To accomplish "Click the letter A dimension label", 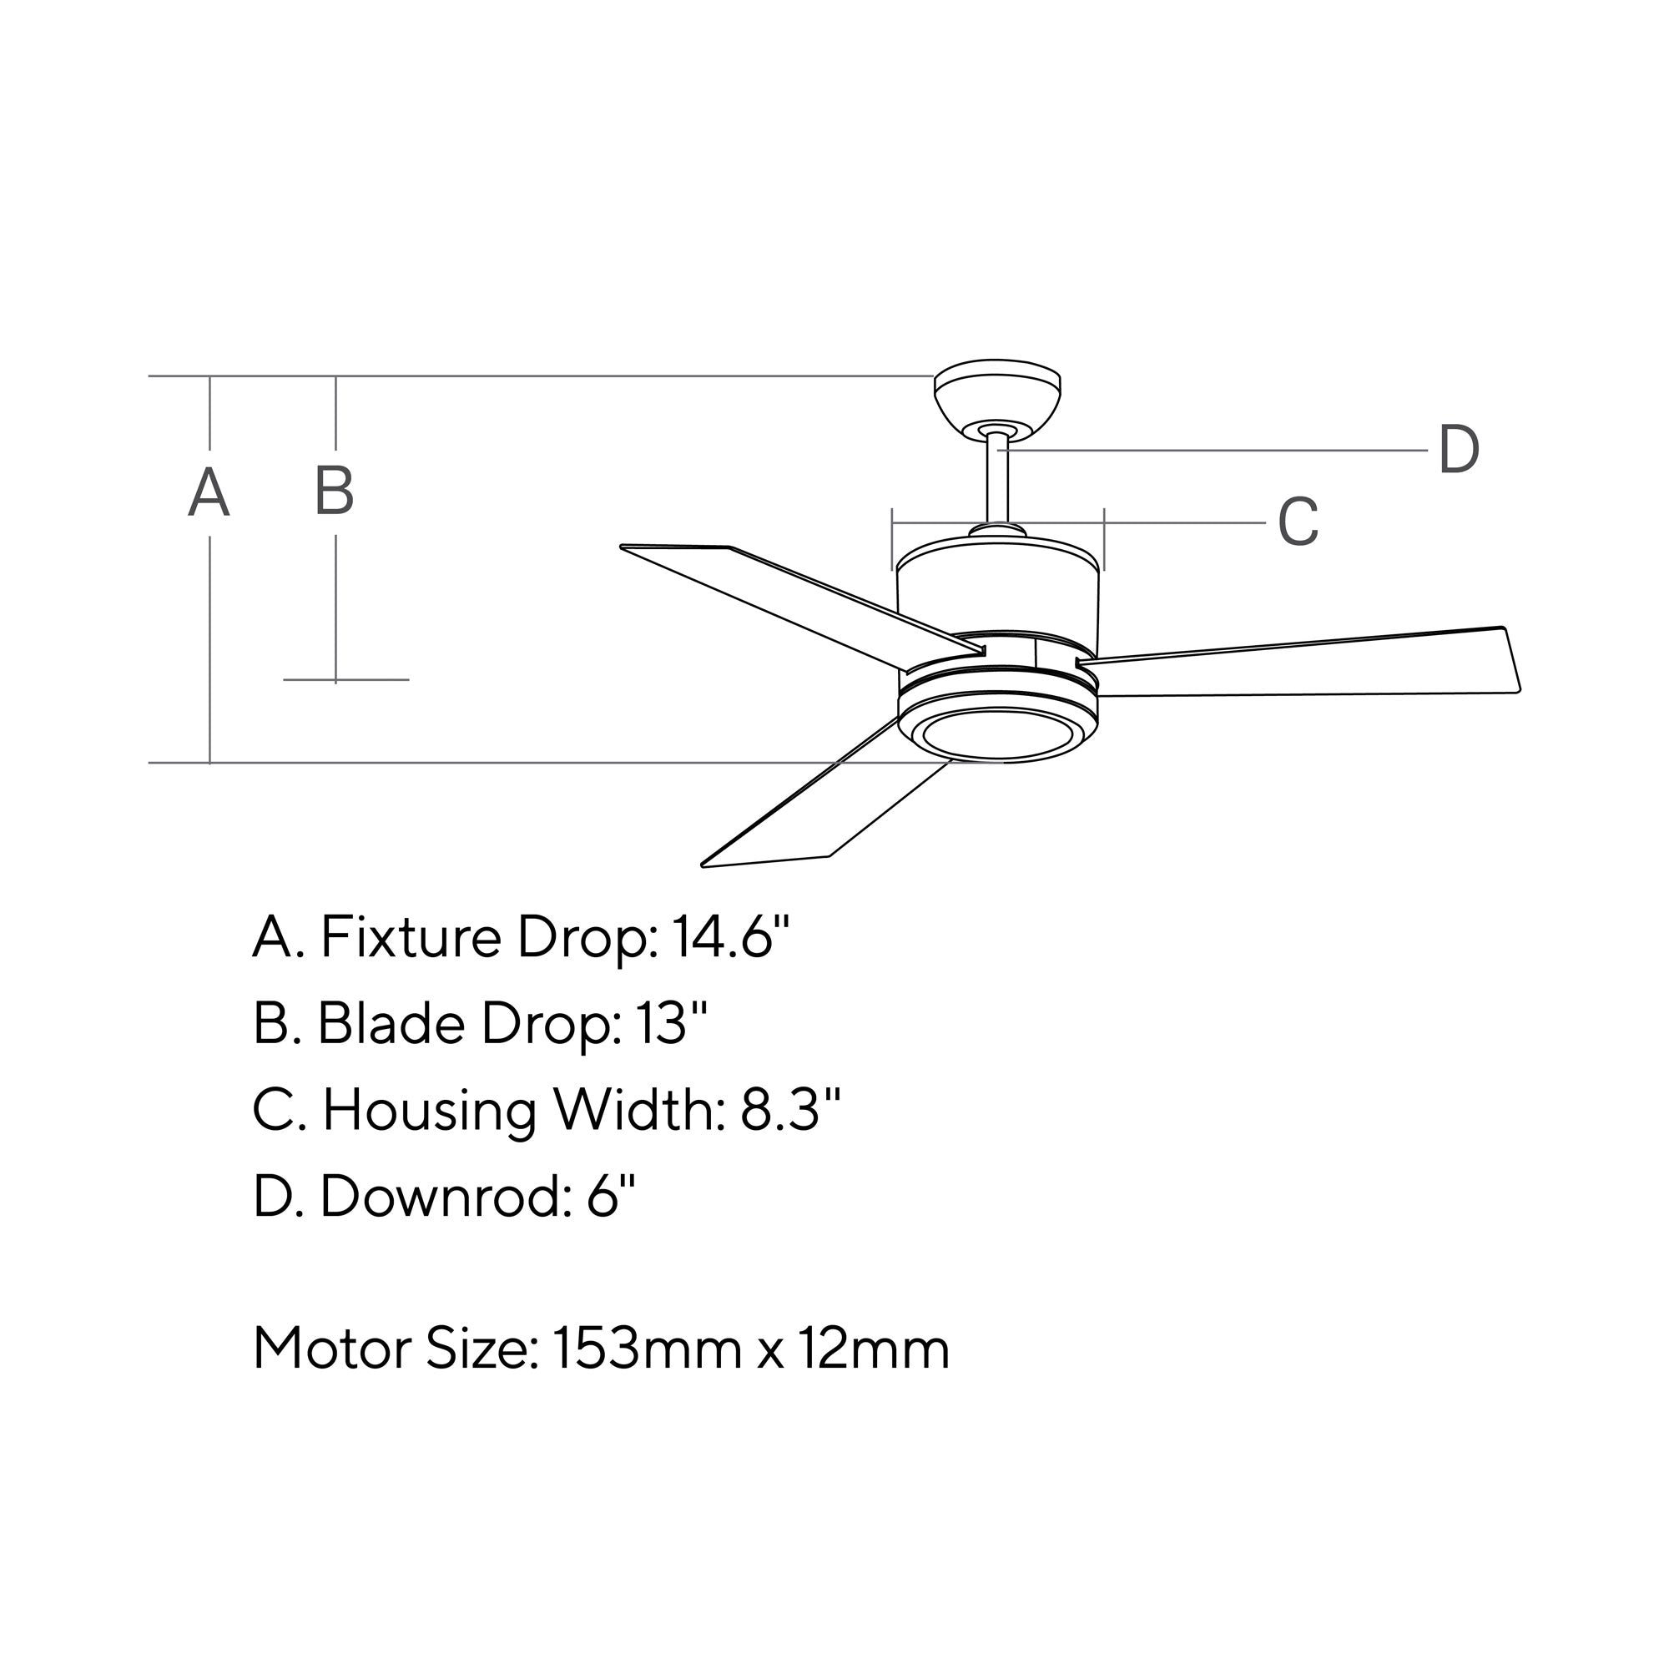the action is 209,492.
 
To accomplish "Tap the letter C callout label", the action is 1298,522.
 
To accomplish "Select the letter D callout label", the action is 1458,450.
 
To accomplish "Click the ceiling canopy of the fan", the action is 998,396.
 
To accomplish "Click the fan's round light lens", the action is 998,734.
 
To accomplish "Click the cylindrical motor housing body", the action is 998,596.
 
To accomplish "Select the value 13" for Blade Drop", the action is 671,1023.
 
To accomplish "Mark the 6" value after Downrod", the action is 611,1197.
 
